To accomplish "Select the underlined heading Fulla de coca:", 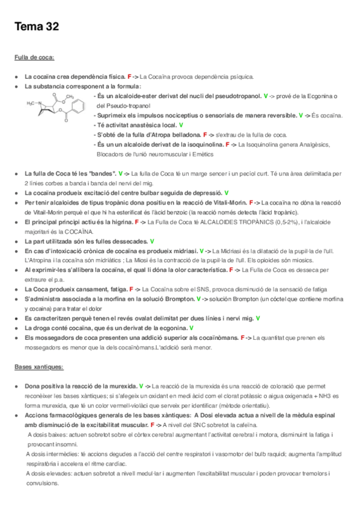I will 34,58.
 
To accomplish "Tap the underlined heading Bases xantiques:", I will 38,366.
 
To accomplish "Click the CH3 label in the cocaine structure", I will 70,96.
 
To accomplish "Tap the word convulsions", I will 41,483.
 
